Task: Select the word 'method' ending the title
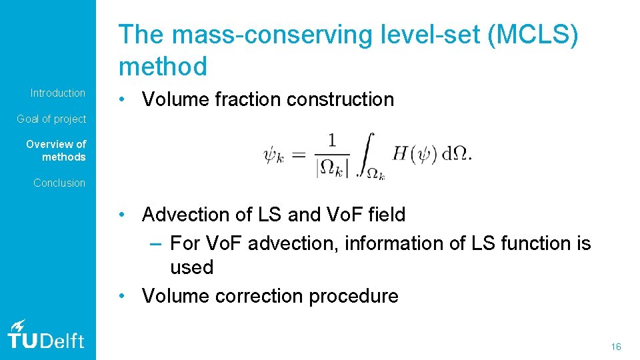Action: pos(163,66)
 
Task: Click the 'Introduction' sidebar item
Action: pos(58,93)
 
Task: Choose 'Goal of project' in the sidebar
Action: pos(51,119)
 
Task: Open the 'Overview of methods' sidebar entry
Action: pos(56,150)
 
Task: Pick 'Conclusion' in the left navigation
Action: pos(59,183)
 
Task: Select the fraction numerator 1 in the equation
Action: pos(332,140)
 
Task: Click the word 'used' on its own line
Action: pos(191,267)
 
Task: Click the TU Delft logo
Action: pos(46,335)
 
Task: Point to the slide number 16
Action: pos(615,347)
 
